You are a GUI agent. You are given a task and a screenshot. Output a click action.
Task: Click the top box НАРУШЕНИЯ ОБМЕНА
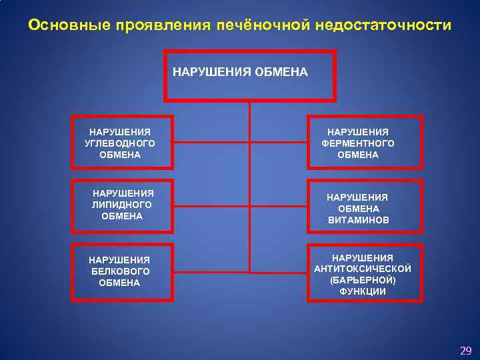pyautogui.click(x=249, y=75)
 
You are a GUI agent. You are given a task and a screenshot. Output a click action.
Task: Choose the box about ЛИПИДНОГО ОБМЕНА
pyautogui.click(x=122, y=205)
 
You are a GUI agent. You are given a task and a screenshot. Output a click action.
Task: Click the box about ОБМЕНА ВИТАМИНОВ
pyautogui.click(x=365, y=207)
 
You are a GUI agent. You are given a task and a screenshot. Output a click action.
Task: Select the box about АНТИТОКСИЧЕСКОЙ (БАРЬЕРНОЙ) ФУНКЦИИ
pyautogui.click(x=365, y=273)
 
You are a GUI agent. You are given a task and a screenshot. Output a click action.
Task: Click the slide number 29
pyautogui.click(x=465, y=350)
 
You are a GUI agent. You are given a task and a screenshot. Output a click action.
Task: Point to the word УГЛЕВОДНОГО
pyautogui.click(x=121, y=143)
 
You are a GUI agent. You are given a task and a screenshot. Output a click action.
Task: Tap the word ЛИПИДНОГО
pyautogui.click(x=122, y=205)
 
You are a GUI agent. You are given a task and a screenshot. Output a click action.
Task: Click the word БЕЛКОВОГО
pyautogui.click(x=121, y=271)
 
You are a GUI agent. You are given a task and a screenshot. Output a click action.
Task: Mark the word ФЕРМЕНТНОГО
pyautogui.click(x=358, y=143)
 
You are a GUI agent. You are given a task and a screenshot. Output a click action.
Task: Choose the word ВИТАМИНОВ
pyautogui.click(x=359, y=219)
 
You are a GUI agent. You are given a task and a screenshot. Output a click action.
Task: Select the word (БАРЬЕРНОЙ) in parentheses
pyautogui.click(x=363, y=280)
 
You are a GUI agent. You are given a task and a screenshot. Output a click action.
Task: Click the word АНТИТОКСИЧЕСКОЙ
pyautogui.click(x=363, y=269)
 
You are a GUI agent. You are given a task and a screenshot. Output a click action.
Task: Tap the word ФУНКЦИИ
pyautogui.click(x=363, y=291)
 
